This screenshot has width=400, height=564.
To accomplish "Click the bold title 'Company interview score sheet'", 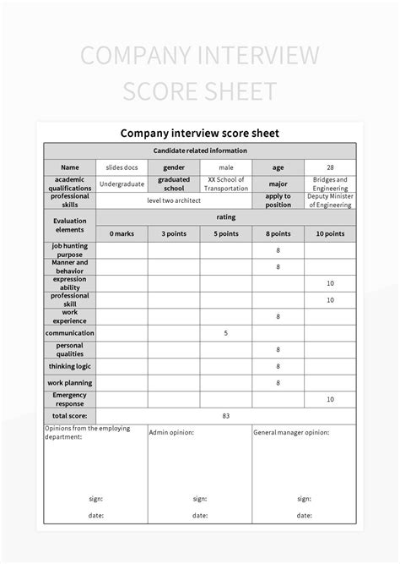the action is pos(200,133).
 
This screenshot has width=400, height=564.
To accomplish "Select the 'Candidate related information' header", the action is pos(200,151).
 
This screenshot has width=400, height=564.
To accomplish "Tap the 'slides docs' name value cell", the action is pos(122,167).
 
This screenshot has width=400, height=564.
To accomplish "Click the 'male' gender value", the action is pos(226,167).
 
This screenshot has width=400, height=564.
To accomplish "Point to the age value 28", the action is pos(330,167).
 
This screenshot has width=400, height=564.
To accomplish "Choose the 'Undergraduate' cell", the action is pos(122,183).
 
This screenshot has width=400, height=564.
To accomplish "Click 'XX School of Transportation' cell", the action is pos(226,183).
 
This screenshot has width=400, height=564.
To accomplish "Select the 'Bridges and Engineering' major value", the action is pos(330,183).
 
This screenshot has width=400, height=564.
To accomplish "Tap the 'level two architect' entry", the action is pos(174,200).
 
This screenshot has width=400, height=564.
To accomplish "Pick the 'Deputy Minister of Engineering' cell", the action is pos(330,200).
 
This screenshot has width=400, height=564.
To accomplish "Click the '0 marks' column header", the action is pos(122,233).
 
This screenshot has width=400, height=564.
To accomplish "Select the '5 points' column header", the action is pos(226,233).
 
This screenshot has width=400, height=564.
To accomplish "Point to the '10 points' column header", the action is pos(330,233).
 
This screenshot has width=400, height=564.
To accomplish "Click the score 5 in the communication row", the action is pos(226,333).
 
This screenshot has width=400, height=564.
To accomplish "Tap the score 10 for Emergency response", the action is pos(330,399).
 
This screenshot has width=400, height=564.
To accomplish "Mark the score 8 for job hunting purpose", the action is pos(278,250).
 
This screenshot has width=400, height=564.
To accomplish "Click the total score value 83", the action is pos(226,416).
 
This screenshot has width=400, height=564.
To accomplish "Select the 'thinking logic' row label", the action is pos(70,366).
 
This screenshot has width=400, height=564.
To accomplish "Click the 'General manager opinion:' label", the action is pos(291,432).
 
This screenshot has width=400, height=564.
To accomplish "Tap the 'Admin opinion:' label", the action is pos(171,432).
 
